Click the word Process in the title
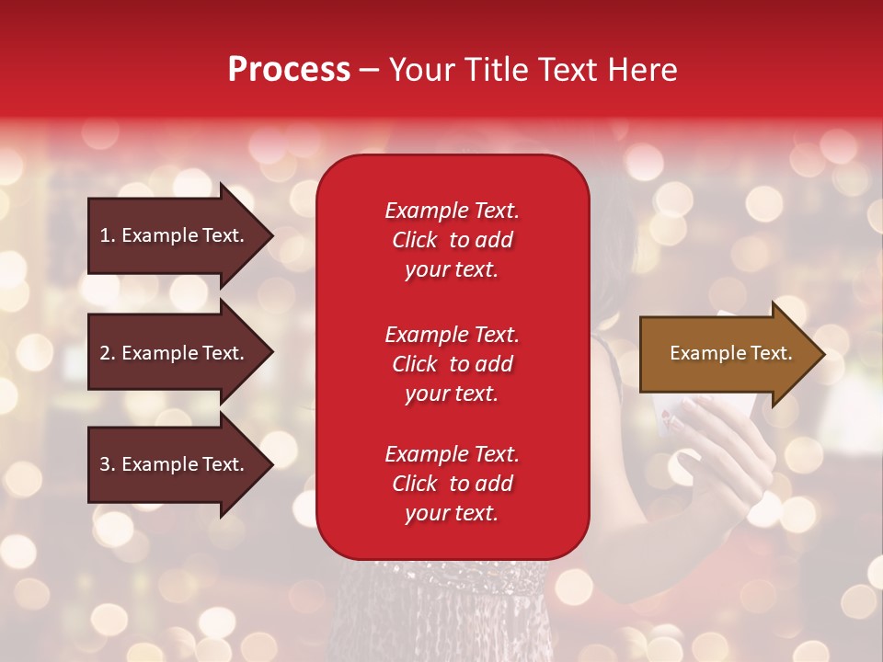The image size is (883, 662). (289, 70)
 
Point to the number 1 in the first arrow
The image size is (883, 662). (104, 235)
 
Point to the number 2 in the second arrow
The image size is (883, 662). (104, 353)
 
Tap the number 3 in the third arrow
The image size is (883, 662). (104, 465)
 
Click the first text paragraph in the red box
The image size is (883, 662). (452, 240)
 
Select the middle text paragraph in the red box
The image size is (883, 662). (452, 364)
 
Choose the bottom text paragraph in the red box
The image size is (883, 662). (452, 484)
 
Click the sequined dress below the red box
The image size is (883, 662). (441, 607)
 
